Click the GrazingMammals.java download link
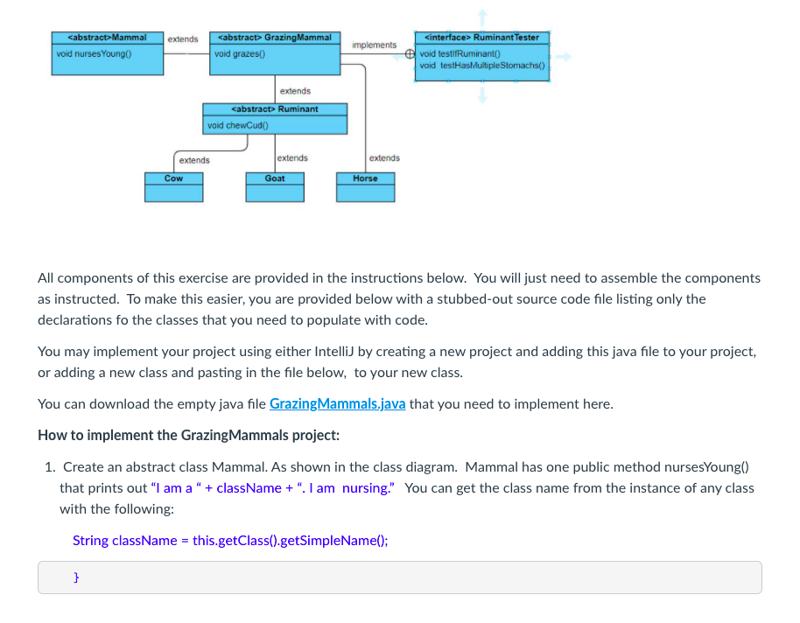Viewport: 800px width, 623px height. point(337,404)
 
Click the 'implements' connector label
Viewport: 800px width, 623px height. point(374,45)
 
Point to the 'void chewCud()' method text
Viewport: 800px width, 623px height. point(235,125)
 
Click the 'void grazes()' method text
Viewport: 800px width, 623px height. point(241,54)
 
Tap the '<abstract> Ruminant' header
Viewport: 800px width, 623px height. point(275,109)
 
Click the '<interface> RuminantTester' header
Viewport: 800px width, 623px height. point(481,38)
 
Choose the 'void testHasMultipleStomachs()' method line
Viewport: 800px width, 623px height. point(481,66)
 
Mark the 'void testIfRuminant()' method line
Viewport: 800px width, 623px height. point(460,54)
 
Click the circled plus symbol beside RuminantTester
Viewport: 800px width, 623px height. point(410,53)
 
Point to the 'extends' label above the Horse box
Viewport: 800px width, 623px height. point(384,158)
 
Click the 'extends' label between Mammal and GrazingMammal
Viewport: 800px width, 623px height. point(182,39)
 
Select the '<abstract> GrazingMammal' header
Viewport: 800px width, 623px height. point(275,38)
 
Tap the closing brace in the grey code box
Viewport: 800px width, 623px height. point(76,577)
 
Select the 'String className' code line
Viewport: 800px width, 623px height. point(230,540)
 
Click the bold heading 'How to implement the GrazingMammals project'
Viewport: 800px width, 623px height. point(188,436)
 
